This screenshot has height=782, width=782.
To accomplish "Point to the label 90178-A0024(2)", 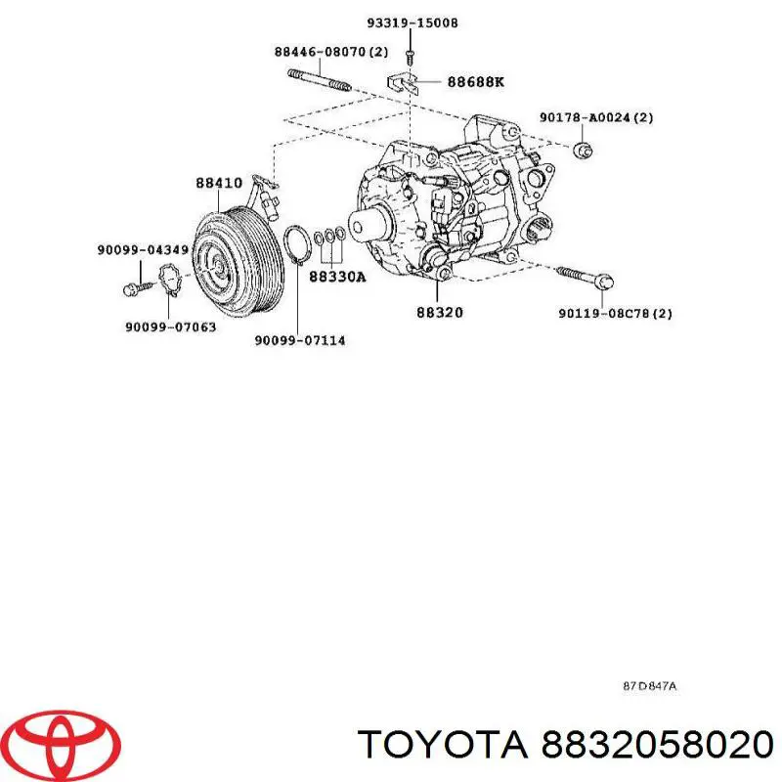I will (596, 118).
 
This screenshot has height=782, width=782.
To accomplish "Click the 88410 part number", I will (219, 183).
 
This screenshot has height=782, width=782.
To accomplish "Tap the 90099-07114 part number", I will (299, 340).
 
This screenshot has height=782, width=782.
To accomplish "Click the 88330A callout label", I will (337, 277).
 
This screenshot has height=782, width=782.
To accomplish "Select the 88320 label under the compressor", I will (440, 313).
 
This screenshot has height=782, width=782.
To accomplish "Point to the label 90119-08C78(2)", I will (616, 314).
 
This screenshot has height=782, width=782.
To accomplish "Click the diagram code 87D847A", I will (650, 686).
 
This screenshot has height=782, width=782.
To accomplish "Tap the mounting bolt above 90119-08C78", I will (586, 277).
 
